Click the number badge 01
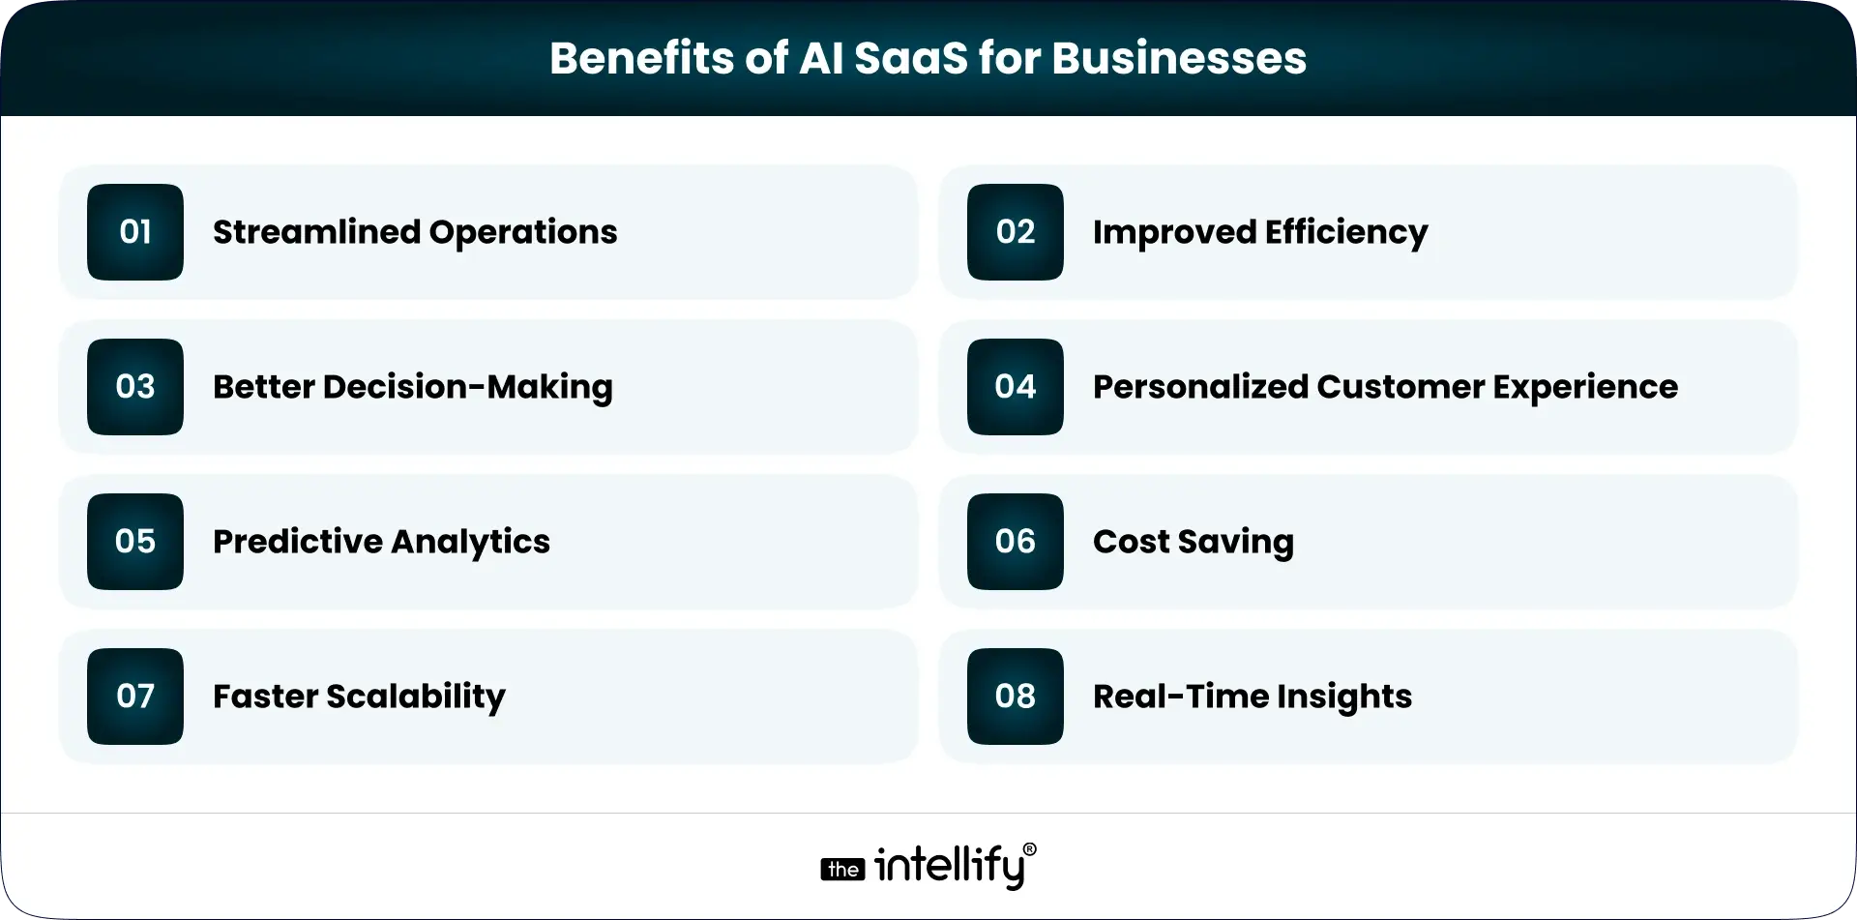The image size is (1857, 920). pyautogui.click(x=135, y=232)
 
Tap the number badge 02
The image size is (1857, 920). pyautogui.click(x=1015, y=232)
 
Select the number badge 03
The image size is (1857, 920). pyautogui.click(x=135, y=387)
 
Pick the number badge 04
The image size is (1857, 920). pyautogui.click(x=1015, y=387)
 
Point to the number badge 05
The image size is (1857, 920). pyautogui.click(x=135, y=542)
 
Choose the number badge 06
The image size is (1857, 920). pyautogui.click(x=1015, y=542)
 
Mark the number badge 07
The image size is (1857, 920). pyautogui.click(x=135, y=697)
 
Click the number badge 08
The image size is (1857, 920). pyautogui.click(x=1015, y=697)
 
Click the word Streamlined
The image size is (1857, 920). pyautogui.click(x=316, y=232)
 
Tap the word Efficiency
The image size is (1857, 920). pyautogui.click(x=1346, y=233)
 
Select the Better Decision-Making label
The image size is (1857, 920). pyautogui.click(x=412, y=387)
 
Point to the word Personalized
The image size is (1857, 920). pyautogui.click(x=1199, y=387)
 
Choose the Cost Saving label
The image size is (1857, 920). pyautogui.click(x=1193, y=543)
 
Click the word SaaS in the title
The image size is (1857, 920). pyautogui.click(x=911, y=58)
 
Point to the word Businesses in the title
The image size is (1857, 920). pyautogui.click(x=1179, y=58)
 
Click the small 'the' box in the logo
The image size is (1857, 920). pyautogui.click(x=842, y=870)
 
